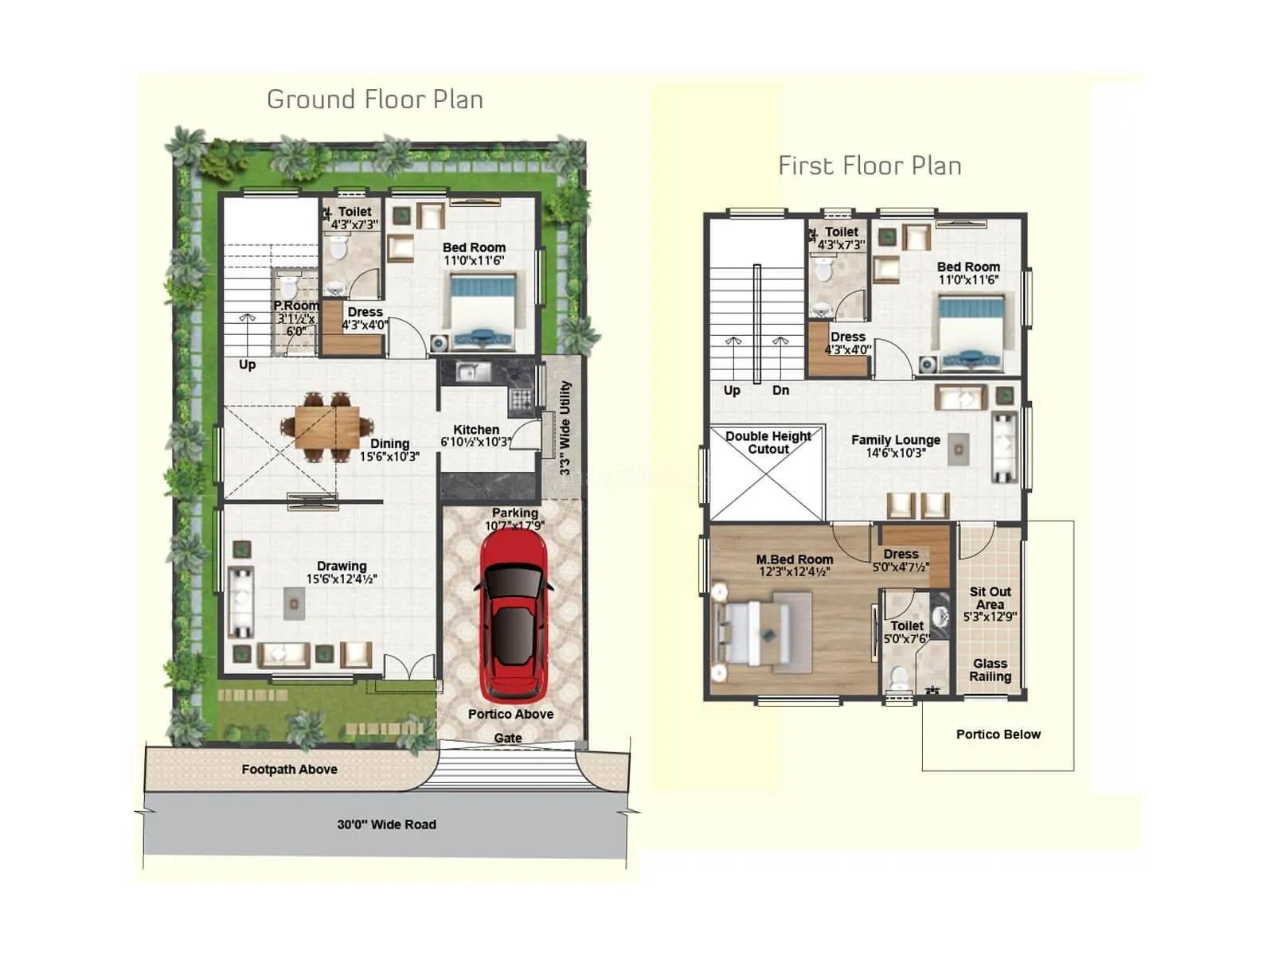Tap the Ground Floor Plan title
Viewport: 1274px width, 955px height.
pyautogui.click(x=375, y=99)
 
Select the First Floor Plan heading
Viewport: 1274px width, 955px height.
pyautogui.click(x=870, y=166)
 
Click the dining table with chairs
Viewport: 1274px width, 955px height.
pyautogui.click(x=326, y=427)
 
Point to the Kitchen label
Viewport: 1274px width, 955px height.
pyautogui.click(x=476, y=430)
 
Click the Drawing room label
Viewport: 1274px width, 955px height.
pyautogui.click(x=342, y=567)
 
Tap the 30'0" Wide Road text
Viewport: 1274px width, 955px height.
pyautogui.click(x=386, y=824)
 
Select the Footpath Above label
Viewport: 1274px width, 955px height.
pyautogui.click(x=289, y=770)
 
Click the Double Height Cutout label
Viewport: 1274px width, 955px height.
pyautogui.click(x=768, y=442)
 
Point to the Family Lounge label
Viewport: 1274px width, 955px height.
pyautogui.click(x=895, y=440)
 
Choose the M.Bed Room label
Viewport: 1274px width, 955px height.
pyautogui.click(x=794, y=559)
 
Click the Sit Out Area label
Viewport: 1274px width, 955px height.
pyautogui.click(x=990, y=598)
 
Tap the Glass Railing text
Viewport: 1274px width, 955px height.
pyautogui.click(x=990, y=670)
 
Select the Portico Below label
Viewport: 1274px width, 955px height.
pyautogui.click(x=998, y=735)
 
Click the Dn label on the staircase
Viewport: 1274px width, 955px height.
pyautogui.click(x=780, y=390)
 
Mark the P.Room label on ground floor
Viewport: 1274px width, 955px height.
pyautogui.click(x=296, y=306)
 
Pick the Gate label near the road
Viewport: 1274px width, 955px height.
pyautogui.click(x=508, y=738)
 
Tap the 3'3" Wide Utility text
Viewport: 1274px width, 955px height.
pyautogui.click(x=565, y=427)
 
